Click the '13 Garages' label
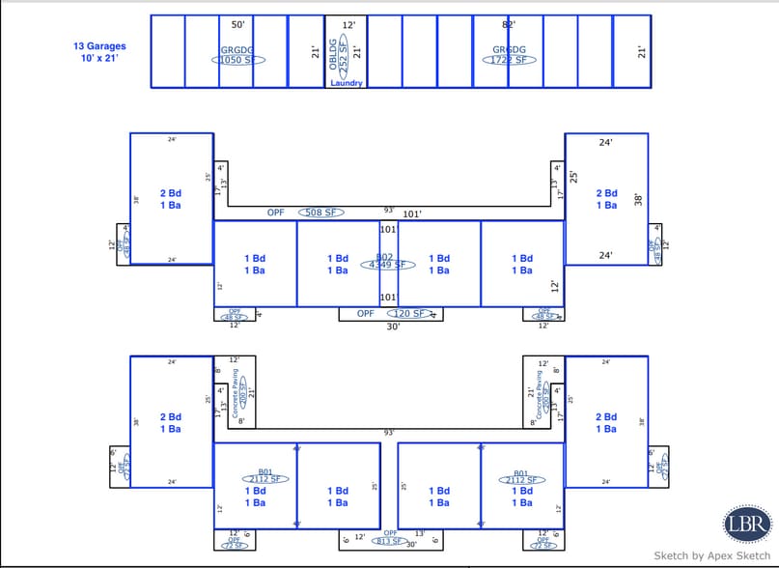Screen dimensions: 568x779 click(x=98, y=45)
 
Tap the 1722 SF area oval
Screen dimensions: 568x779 click(x=509, y=60)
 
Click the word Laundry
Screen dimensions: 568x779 click(x=347, y=83)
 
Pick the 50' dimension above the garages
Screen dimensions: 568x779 click(x=237, y=24)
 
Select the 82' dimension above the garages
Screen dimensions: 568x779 click(x=509, y=24)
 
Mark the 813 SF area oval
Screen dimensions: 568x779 click(x=390, y=542)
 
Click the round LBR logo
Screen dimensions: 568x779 click(x=747, y=524)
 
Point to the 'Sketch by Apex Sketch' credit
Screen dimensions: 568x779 click(x=712, y=556)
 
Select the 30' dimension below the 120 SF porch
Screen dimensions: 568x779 click(x=393, y=327)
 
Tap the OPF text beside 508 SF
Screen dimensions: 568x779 click(x=276, y=213)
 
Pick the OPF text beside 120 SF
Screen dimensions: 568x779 click(x=366, y=314)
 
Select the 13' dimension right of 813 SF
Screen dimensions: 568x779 click(x=419, y=534)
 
